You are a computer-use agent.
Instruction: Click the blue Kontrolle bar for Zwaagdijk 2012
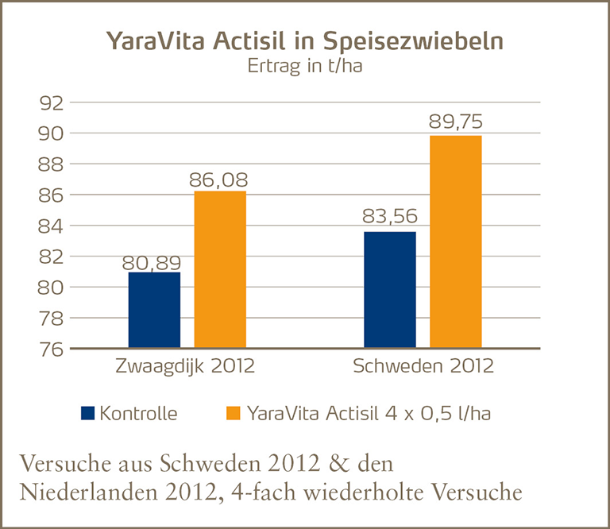[154, 310]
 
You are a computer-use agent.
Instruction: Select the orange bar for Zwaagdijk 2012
[220, 269]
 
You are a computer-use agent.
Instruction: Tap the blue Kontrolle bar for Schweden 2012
[389, 289]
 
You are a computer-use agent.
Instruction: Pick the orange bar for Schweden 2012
[455, 241]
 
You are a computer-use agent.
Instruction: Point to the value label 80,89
[151, 262]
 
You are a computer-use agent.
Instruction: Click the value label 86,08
[218, 180]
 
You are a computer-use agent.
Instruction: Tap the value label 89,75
[455, 123]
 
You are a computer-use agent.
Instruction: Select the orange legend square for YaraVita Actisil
[233, 413]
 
